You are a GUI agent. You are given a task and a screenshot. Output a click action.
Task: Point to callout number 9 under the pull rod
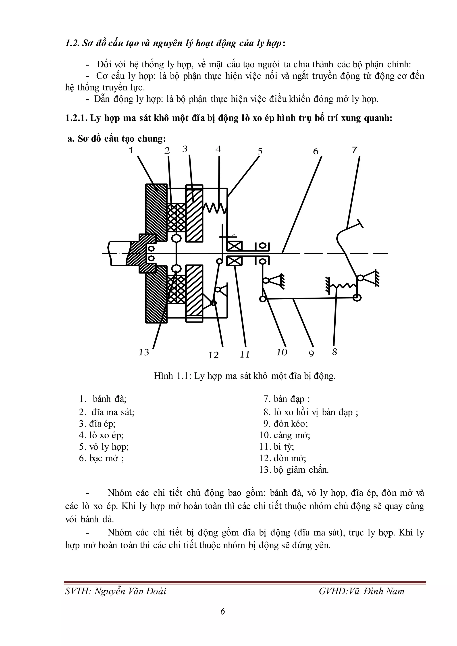tap(311, 354)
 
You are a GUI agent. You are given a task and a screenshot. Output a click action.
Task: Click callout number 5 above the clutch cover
tap(260, 151)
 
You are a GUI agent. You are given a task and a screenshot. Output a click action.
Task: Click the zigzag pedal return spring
tap(345, 286)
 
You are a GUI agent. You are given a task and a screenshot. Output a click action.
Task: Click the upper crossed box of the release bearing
tap(234, 246)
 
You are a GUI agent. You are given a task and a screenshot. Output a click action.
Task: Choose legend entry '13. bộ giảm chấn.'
tap(294, 470)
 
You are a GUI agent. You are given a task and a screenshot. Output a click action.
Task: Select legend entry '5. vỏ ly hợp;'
tap(104, 447)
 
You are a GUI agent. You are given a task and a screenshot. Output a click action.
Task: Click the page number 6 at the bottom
tap(223, 611)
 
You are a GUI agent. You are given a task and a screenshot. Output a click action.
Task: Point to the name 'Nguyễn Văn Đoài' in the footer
tap(130, 591)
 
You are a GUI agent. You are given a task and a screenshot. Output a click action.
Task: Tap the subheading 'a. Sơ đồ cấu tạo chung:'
tap(116, 139)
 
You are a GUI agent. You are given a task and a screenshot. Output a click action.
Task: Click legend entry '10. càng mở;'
tap(285, 435)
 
